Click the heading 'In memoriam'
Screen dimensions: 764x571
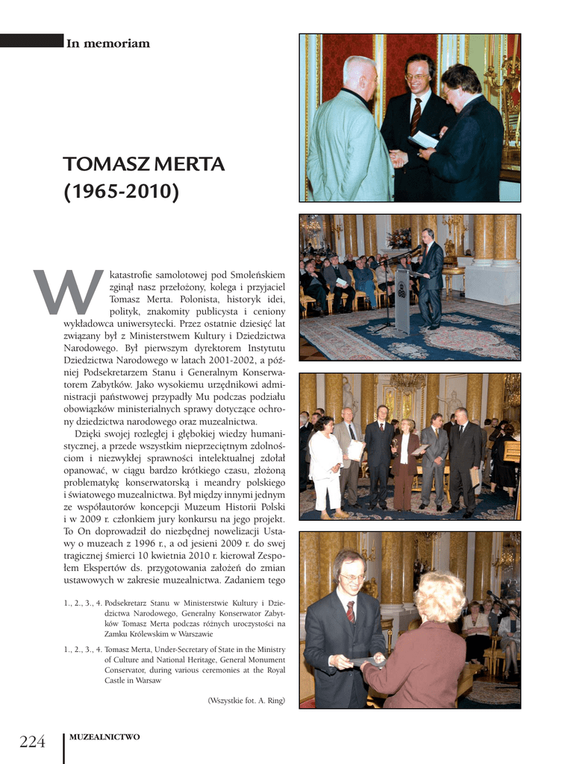(x=108, y=43)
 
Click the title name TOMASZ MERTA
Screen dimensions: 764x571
(x=143, y=163)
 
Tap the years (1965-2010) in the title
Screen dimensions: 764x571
(x=121, y=192)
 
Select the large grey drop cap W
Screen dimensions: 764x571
(x=68, y=292)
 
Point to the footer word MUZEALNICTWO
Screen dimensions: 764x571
(x=104, y=737)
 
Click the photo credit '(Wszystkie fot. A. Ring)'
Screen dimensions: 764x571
(x=246, y=700)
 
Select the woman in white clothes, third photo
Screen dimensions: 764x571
(x=325, y=463)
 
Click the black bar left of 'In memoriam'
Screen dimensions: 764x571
(x=31, y=40)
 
